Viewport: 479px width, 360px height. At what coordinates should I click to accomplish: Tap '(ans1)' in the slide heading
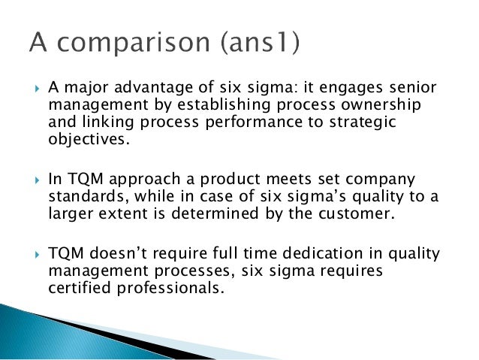click(259, 44)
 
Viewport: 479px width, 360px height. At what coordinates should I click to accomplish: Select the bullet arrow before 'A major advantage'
click(29, 89)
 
